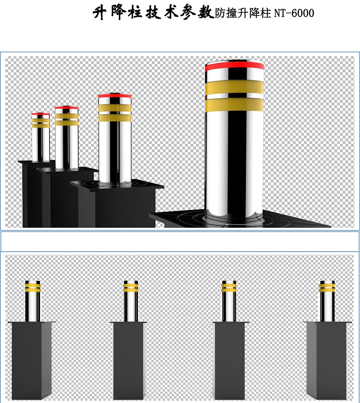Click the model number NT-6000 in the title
(x=294, y=13)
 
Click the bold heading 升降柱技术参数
(x=154, y=13)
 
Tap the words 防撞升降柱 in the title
(x=243, y=13)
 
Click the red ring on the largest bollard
(x=235, y=66)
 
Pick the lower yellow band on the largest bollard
(x=235, y=105)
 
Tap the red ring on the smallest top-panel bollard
(x=41, y=114)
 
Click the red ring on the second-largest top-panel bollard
(x=115, y=96)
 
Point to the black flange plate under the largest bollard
(x=240, y=219)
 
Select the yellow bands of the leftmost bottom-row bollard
(x=33, y=288)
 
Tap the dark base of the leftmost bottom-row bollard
(x=32, y=360)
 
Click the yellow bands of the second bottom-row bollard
(x=131, y=288)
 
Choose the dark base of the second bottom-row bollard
(x=130, y=360)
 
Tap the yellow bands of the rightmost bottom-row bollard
(x=327, y=288)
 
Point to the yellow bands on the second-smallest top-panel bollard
(x=67, y=119)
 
